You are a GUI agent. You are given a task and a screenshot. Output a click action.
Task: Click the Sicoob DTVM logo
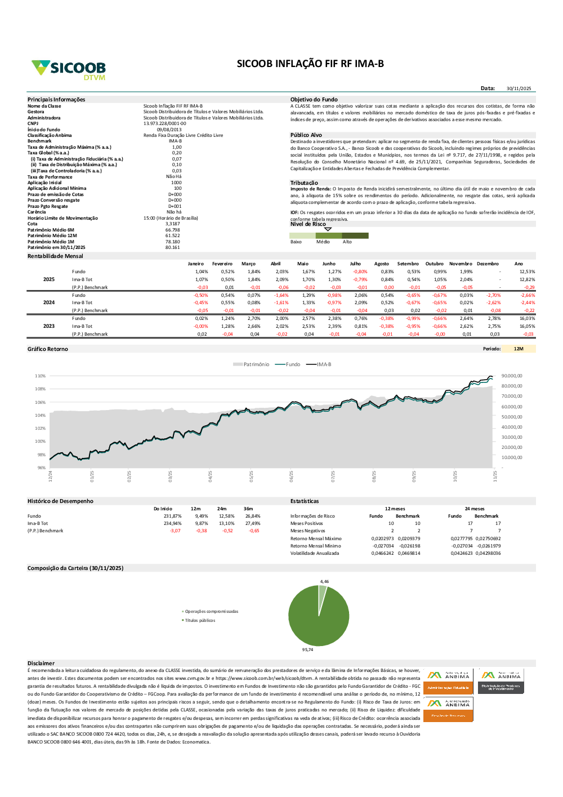tap(69, 69)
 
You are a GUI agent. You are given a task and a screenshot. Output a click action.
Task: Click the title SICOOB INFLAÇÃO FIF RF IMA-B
tap(310, 64)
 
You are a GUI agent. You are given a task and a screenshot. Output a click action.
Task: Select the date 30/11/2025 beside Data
tap(519, 88)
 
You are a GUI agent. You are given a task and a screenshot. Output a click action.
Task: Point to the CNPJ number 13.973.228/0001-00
tap(164, 123)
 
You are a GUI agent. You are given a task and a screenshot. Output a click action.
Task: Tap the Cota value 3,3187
tap(173, 224)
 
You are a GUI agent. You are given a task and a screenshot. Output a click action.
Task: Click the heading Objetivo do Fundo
tap(314, 100)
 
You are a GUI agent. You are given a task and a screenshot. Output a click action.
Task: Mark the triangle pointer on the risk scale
tap(328, 229)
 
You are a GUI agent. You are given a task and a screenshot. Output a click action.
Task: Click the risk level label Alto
tap(347, 242)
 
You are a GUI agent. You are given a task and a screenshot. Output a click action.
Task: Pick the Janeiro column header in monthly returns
tap(195, 264)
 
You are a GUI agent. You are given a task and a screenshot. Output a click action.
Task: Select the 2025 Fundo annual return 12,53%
tap(527, 271)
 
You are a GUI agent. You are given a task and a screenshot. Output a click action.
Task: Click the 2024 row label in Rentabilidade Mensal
tap(49, 302)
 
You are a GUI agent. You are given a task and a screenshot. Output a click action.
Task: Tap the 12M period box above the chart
tap(519, 349)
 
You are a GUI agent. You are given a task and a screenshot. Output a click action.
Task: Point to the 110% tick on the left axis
tap(40, 376)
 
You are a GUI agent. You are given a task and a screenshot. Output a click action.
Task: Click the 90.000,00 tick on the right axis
tap(511, 376)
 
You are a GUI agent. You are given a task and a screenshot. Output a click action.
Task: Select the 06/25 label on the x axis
tap(292, 477)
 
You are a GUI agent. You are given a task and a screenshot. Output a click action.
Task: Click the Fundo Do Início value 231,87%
tap(172, 516)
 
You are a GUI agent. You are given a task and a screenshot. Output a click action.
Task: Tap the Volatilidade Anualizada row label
tap(315, 553)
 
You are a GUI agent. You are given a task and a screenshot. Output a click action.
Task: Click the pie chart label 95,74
tap(307, 649)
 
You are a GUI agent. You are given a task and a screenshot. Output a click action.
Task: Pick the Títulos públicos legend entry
tap(200, 620)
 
